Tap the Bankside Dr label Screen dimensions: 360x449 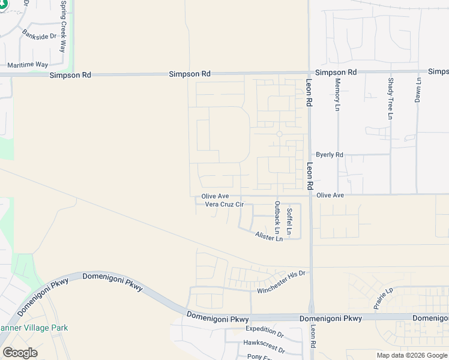coord(39,35)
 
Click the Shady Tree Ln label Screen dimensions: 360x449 coord(391,98)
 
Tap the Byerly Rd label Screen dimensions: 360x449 coord(330,155)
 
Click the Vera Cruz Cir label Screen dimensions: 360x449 coord(224,205)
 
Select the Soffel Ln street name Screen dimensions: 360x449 coord(289,221)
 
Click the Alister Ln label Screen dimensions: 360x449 coord(269,238)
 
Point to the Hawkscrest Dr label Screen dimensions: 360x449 coord(264,343)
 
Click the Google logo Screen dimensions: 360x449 coord(20,353)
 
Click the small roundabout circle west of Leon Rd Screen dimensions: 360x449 coord(279,134)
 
